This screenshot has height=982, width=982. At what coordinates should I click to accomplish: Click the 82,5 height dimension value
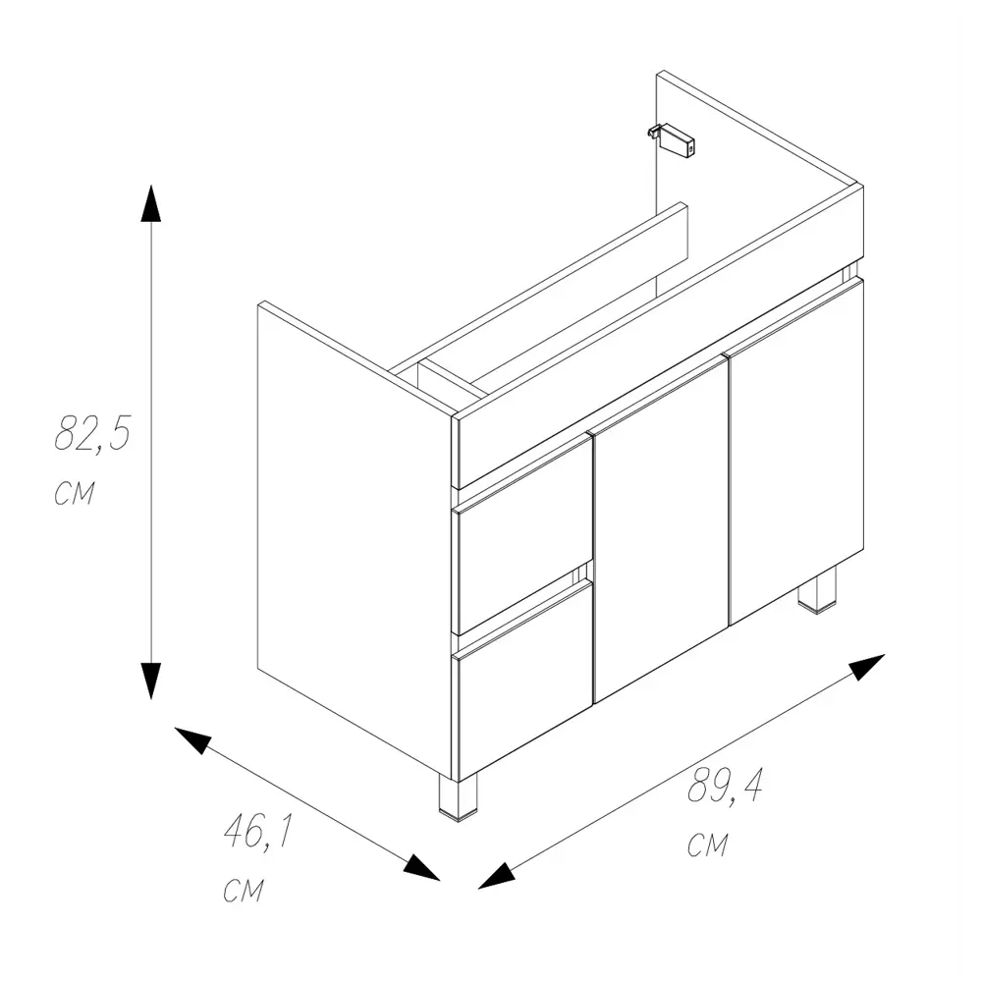[92, 433]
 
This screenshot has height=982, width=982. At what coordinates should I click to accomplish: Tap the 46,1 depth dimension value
[258, 832]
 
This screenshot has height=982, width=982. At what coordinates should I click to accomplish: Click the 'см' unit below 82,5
[75, 494]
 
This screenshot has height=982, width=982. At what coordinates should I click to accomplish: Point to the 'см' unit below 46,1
[244, 890]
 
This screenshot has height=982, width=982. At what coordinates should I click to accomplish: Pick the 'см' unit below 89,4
[708, 845]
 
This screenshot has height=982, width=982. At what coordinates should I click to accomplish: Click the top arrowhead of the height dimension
[151, 203]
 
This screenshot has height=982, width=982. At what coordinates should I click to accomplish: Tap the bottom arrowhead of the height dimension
[151, 681]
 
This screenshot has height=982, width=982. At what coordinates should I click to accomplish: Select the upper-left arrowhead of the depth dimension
[191, 739]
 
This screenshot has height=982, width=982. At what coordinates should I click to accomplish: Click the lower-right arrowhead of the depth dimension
[422, 868]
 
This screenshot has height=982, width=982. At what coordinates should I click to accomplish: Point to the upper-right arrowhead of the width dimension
[867, 666]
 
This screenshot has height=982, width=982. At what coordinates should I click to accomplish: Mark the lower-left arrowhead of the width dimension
[496, 876]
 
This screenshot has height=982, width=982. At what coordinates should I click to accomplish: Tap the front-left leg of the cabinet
[458, 796]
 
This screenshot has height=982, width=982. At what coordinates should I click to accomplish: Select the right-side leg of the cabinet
[817, 588]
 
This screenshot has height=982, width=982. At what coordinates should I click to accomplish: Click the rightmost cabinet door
[794, 451]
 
